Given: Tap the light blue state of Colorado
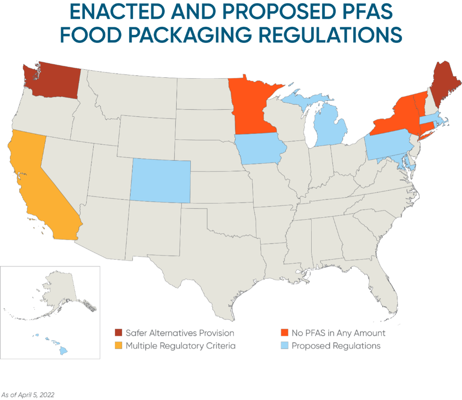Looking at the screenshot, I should [160, 181].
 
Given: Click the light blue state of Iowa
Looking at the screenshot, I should [259, 148].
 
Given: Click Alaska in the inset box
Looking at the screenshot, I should [57, 292].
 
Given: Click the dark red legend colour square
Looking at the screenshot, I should [118, 333].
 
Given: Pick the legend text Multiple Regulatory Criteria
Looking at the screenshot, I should [181, 346].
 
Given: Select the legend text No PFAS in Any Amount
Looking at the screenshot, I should [338, 333].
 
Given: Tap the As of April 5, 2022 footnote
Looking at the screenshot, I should [27, 394].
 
